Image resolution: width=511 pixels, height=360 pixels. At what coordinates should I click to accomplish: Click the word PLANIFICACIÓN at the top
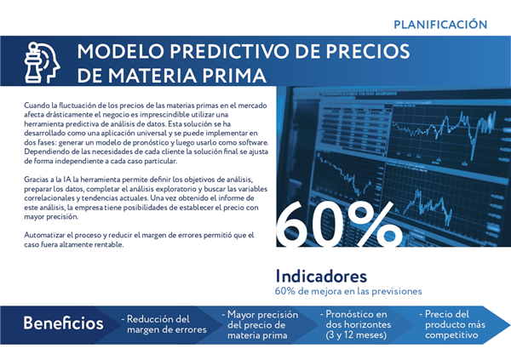[x=440, y=24]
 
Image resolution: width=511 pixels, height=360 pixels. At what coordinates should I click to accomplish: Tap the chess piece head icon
[x=42, y=62]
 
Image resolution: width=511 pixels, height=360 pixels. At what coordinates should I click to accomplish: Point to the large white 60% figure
[x=339, y=224]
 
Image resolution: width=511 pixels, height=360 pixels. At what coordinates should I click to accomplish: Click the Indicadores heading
[x=321, y=277]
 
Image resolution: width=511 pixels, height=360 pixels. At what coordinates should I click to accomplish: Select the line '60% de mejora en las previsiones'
[x=348, y=291]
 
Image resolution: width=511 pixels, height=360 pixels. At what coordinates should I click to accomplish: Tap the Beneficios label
[x=63, y=323]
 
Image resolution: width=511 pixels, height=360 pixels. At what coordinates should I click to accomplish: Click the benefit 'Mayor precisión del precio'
[x=260, y=320]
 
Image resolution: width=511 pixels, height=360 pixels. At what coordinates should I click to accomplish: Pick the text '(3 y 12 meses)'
[x=356, y=335]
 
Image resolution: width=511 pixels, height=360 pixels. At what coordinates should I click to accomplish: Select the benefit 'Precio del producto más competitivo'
[x=452, y=324]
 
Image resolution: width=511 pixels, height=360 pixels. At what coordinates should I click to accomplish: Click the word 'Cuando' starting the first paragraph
[x=37, y=106]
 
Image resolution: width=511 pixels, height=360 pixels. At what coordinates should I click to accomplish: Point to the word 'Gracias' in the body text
[x=36, y=180]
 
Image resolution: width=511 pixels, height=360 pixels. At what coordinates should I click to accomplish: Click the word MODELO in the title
[x=120, y=51]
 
